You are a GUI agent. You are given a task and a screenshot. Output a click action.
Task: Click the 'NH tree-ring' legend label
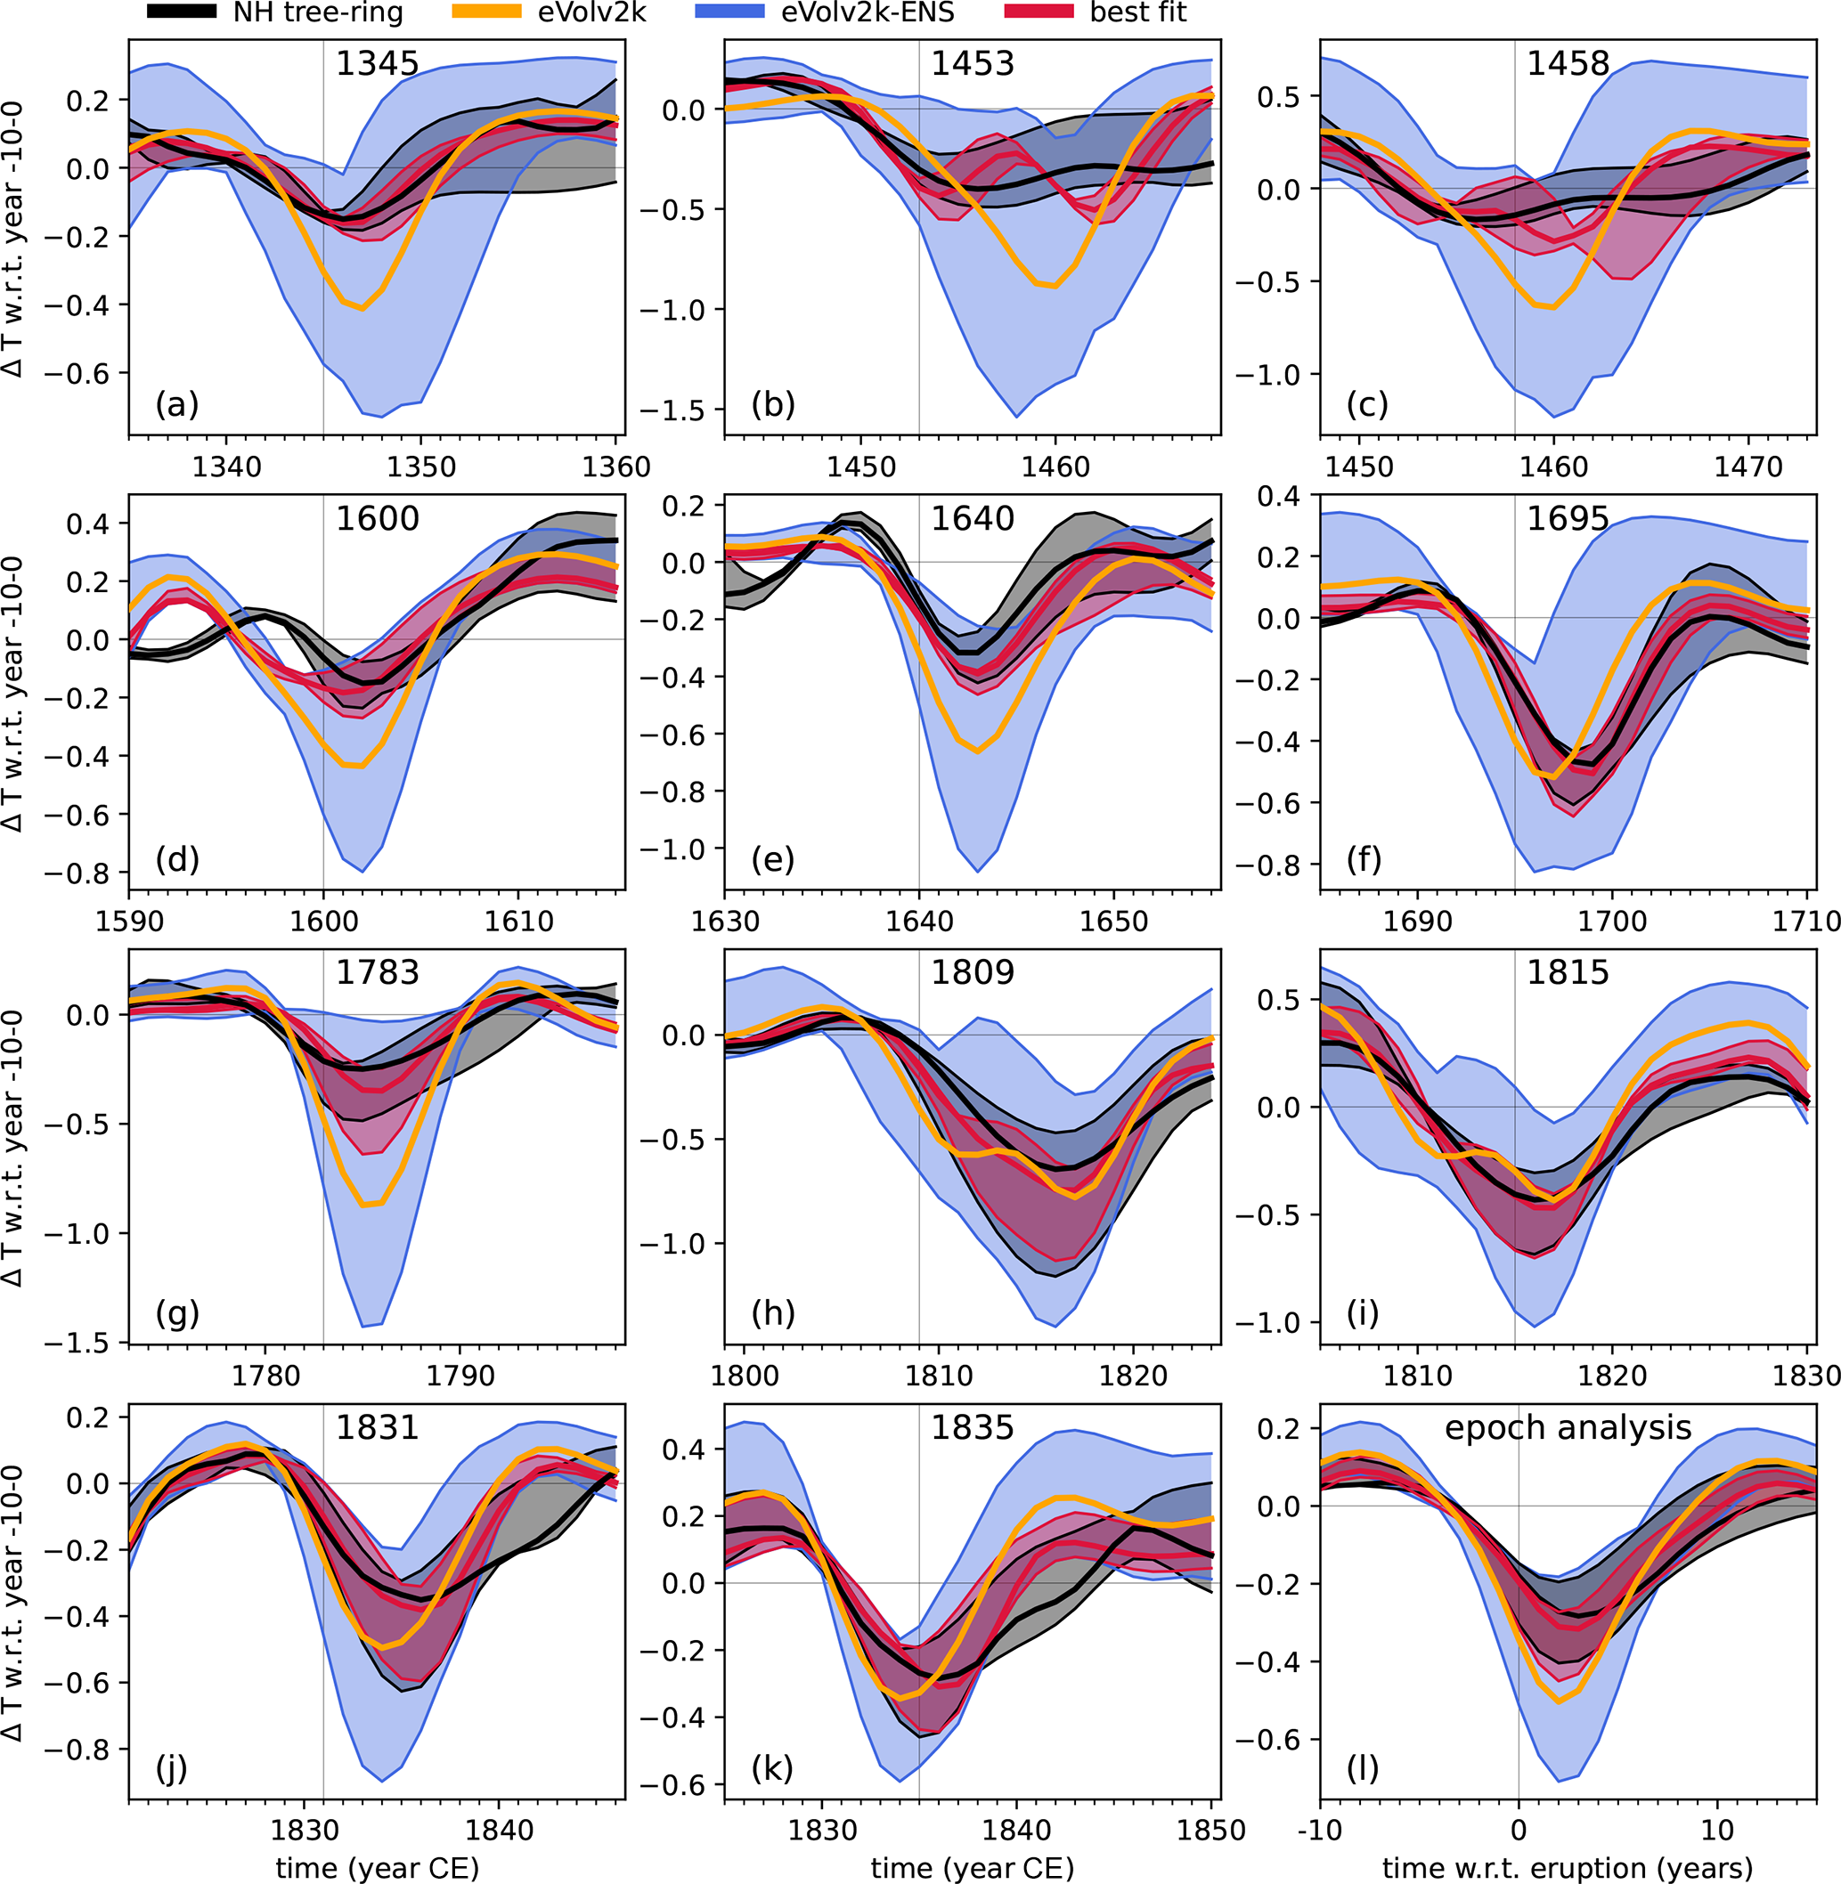pyautogui.click(x=317, y=12)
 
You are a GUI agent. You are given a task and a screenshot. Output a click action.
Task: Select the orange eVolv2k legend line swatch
pyautogui.click(x=487, y=12)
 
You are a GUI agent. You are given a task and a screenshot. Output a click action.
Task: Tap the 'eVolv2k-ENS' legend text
pyautogui.click(x=868, y=12)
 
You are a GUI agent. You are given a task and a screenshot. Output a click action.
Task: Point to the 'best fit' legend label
pyautogui.click(x=1137, y=12)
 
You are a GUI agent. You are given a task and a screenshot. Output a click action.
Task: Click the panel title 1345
pyautogui.click(x=377, y=64)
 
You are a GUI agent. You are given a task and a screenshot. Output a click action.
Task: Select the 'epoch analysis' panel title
pyautogui.click(x=1568, y=1428)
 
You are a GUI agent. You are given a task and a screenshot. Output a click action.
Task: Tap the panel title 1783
pyautogui.click(x=377, y=972)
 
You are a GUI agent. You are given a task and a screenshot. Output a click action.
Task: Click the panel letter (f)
pyautogui.click(x=1364, y=858)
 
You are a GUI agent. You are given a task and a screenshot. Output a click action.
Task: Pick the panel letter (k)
pyautogui.click(x=772, y=1768)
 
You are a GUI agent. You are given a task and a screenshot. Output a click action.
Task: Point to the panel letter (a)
pyautogui.click(x=177, y=404)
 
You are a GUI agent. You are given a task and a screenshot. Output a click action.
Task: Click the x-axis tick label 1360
pyautogui.click(x=617, y=467)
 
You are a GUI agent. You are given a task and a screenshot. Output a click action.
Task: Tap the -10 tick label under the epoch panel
pyautogui.click(x=1320, y=1830)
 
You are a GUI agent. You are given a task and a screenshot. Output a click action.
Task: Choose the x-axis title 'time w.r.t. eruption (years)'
pyautogui.click(x=1568, y=1868)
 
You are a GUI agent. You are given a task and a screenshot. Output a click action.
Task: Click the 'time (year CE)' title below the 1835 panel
pyautogui.click(x=972, y=1868)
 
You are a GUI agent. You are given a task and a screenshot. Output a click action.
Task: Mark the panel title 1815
pyautogui.click(x=1568, y=972)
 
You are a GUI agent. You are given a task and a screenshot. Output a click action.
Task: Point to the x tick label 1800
pyautogui.click(x=744, y=1376)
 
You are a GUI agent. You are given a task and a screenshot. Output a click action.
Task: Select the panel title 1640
pyautogui.click(x=972, y=519)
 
